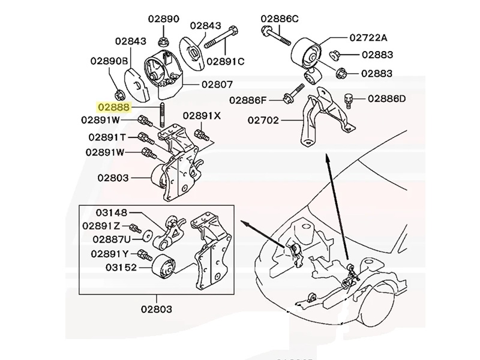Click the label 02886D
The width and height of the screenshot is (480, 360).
[x=386, y=98]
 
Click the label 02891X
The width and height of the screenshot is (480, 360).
[x=202, y=115]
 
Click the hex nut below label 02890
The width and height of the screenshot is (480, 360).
[x=164, y=41]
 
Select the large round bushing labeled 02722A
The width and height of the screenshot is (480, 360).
[x=307, y=51]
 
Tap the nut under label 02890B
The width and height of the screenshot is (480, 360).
[x=119, y=94]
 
